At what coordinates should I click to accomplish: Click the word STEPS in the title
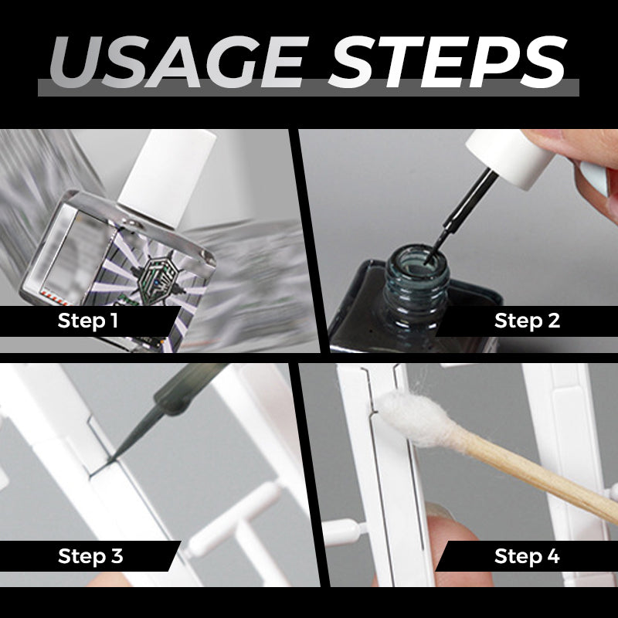tap(448, 63)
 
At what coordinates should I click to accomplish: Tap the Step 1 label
tap(88, 321)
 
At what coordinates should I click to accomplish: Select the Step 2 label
tap(527, 321)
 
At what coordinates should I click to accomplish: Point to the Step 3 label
tap(90, 556)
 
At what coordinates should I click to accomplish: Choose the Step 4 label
tap(527, 556)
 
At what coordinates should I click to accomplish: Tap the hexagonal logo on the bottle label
tap(158, 276)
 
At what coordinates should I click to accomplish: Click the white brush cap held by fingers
tap(511, 157)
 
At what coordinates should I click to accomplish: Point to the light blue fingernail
tap(594, 178)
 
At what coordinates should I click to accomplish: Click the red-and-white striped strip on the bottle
tap(55, 298)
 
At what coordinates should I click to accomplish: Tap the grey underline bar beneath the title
tap(308, 88)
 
